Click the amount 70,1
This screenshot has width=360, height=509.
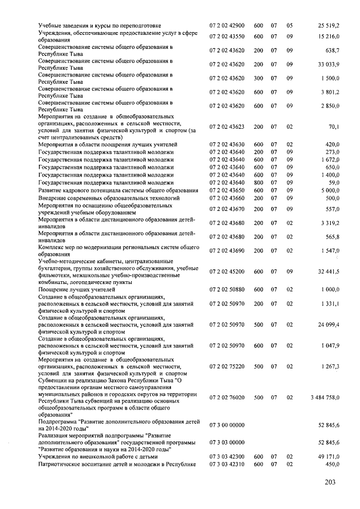point(332,127)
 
